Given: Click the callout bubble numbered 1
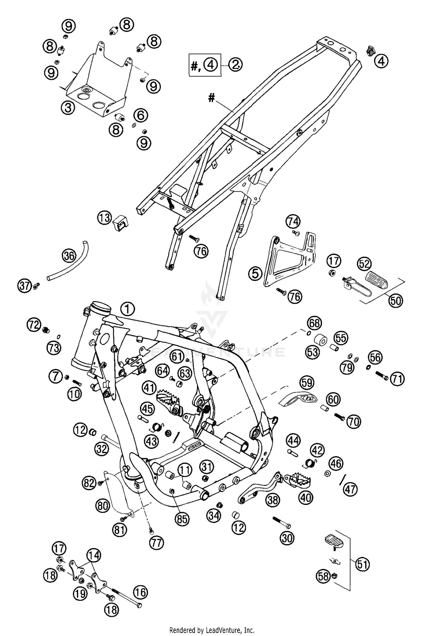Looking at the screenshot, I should [x=128, y=309].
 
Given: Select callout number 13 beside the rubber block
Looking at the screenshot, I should [x=105, y=218].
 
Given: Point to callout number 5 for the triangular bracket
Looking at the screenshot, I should [x=255, y=274].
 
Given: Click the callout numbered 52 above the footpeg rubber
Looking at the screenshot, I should [x=364, y=264].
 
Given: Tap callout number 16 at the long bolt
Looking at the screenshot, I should [x=141, y=592].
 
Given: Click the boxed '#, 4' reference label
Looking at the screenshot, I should [x=205, y=65].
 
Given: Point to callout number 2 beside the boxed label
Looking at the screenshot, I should [x=235, y=65].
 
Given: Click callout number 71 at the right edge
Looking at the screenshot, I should [x=397, y=379].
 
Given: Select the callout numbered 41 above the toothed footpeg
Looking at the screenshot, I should [x=149, y=388].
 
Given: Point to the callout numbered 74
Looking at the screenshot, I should [x=293, y=222].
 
